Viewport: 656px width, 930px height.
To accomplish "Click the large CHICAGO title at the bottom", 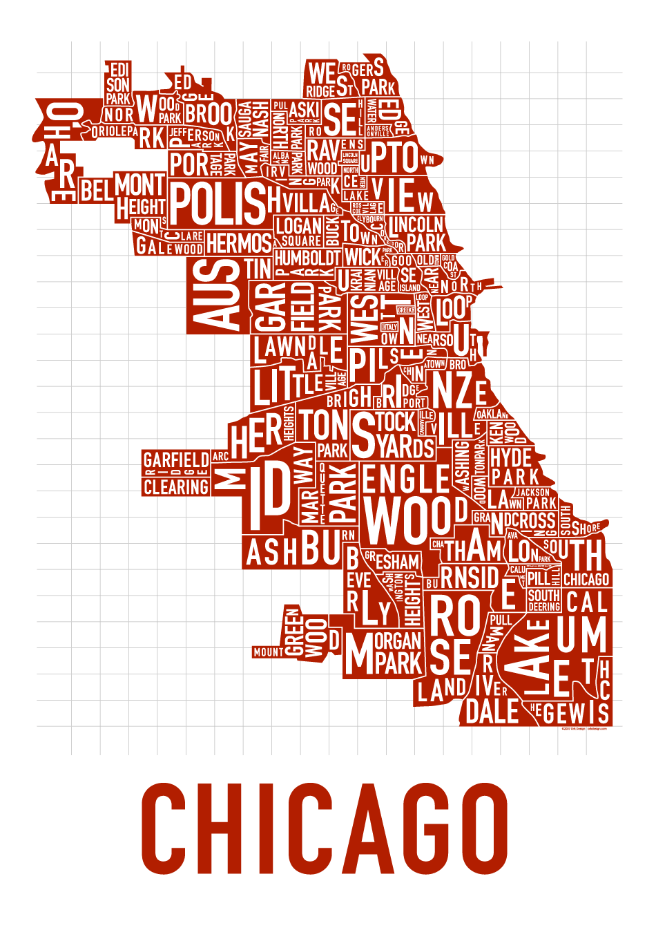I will (x=325, y=829).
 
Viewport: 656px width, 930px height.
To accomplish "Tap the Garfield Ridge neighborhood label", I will (x=175, y=461).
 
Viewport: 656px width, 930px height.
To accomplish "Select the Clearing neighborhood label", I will (x=175, y=487).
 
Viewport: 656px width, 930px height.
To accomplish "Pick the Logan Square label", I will (x=298, y=231).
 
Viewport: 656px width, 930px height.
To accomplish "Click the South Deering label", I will (x=544, y=600).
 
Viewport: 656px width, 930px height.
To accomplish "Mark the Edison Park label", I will (x=118, y=85).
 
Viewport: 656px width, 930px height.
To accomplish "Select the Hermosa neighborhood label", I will (x=239, y=243).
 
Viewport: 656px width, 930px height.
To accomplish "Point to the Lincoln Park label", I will (x=418, y=234).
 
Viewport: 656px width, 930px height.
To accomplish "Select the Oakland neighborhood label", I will (x=492, y=414).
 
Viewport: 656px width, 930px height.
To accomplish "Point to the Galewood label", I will (x=169, y=247).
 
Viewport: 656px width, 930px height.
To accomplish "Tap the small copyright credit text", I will (x=583, y=728).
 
